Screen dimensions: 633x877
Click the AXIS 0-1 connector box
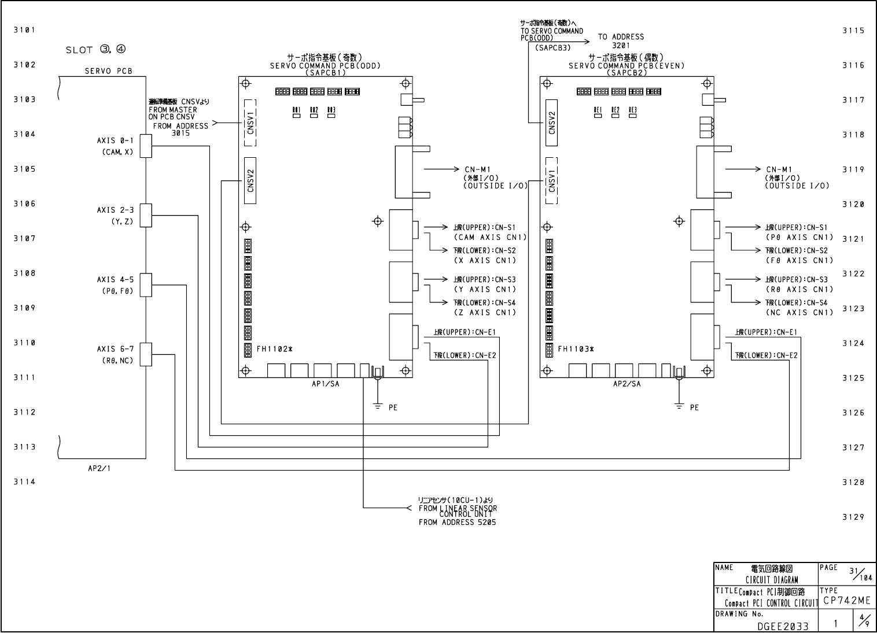click(145, 146)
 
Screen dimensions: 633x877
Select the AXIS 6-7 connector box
click(145, 354)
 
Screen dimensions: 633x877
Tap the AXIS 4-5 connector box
click(145, 284)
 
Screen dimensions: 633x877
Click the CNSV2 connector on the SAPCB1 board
click(250, 180)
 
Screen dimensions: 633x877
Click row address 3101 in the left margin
click(24, 30)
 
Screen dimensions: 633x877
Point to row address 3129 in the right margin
click(853, 517)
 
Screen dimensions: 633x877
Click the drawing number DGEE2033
click(783, 625)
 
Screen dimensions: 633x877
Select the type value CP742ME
click(846, 602)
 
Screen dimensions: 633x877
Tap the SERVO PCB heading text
click(108, 72)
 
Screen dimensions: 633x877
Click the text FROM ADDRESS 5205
click(457, 523)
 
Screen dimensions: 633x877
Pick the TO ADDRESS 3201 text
click(621, 40)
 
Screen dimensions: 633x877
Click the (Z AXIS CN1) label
click(485, 313)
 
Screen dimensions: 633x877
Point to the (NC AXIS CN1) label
click(799, 313)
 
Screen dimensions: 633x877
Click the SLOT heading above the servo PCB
click(95, 50)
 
